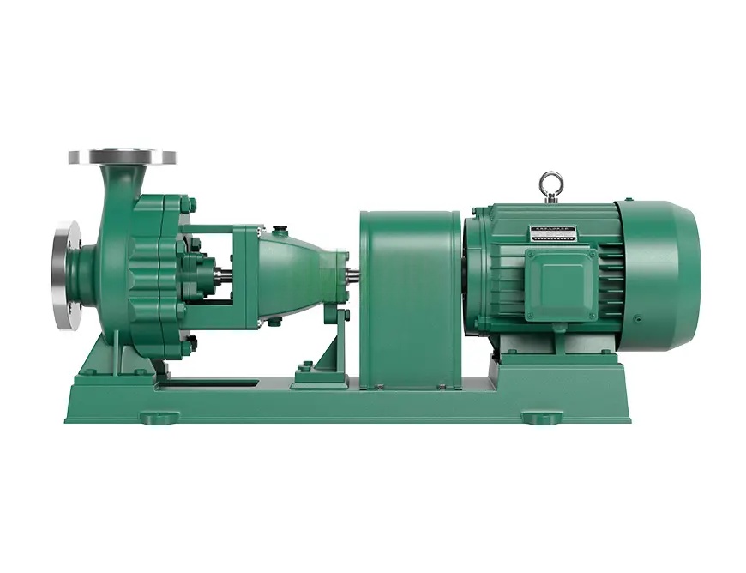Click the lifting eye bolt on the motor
pyautogui.click(x=549, y=183)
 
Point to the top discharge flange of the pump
pyautogui.click(x=123, y=157)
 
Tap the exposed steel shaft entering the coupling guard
pyautogui.click(x=352, y=275)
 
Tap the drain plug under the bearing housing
pyautogui.click(x=276, y=322)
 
